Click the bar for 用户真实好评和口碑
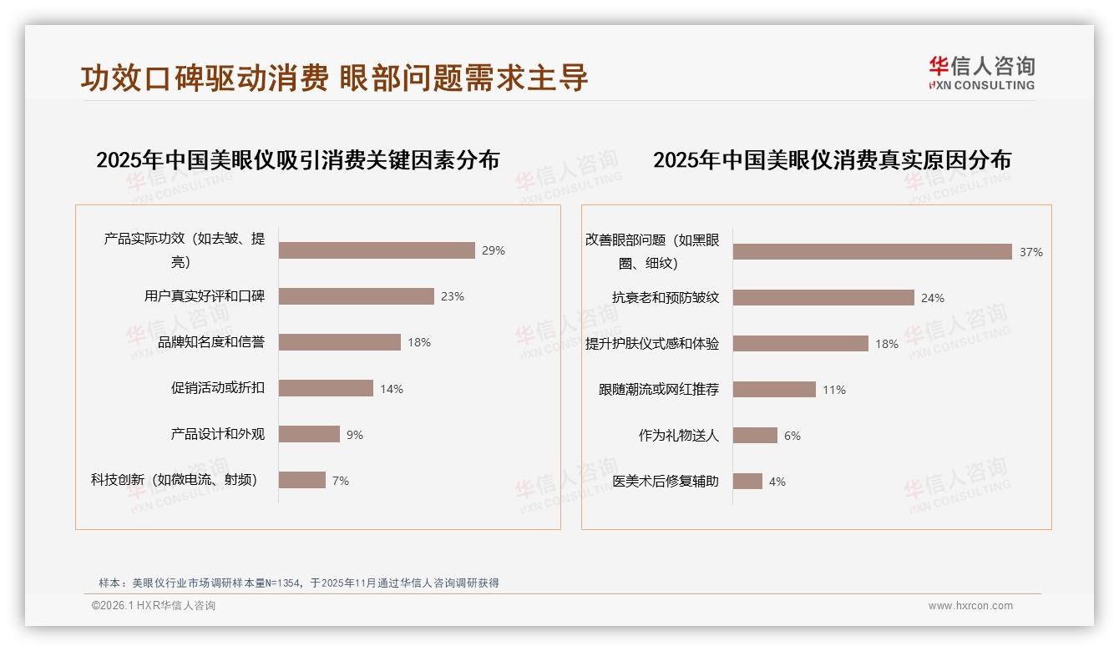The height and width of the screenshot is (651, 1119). [x=356, y=296]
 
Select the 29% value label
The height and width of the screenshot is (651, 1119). [x=494, y=250]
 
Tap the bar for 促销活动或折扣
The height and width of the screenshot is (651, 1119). [x=326, y=388]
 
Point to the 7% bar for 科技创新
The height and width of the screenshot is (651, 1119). [x=301, y=480]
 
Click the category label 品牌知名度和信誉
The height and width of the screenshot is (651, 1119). [x=211, y=342]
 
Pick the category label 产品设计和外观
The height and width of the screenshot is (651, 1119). [x=217, y=434]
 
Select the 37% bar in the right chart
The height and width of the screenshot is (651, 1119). [x=872, y=252]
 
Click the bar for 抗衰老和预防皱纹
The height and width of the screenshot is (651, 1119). [x=823, y=298]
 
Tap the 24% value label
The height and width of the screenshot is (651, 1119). [x=933, y=298]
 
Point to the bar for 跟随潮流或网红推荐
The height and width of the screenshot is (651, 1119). [x=774, y=390]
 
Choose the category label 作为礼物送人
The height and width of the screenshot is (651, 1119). [x=678, y=436]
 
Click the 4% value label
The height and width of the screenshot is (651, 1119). [x=777, y=482]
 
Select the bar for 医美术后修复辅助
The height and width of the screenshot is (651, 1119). [x=747, y=482]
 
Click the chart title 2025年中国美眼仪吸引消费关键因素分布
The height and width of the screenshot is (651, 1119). [x=297, y=159]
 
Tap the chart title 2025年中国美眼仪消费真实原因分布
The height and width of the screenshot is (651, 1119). [x=832, y=159]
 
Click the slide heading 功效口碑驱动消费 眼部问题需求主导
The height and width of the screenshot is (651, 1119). [x=334, y=78]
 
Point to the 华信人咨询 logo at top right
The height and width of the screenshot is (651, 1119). [x=981, y=73]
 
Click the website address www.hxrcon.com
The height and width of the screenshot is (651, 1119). [x=970, y=606]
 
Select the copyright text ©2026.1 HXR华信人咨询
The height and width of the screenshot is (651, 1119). [x=154, y=606]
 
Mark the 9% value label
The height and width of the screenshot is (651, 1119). [x=355, y=435]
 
